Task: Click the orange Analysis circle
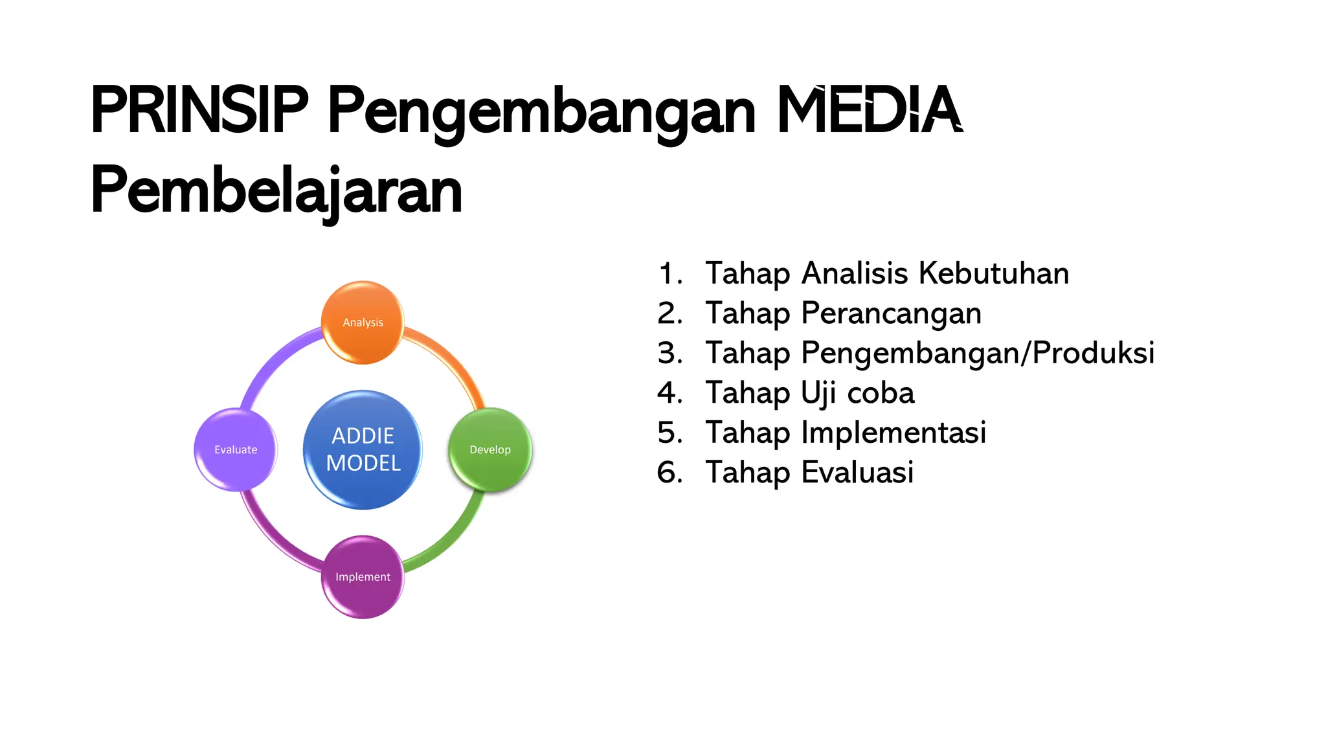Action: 363,322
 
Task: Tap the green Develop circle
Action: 490,449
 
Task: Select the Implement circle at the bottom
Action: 363,576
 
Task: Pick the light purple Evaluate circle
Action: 236,449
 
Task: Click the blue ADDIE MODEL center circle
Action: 363,449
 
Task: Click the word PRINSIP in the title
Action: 199,110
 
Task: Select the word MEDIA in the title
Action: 869,110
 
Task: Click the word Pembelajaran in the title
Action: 276,190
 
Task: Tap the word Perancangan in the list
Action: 891,314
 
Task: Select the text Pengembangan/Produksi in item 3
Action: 978,354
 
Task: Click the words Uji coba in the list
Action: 857,393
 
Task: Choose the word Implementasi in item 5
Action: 893,433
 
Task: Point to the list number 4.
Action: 669,393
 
